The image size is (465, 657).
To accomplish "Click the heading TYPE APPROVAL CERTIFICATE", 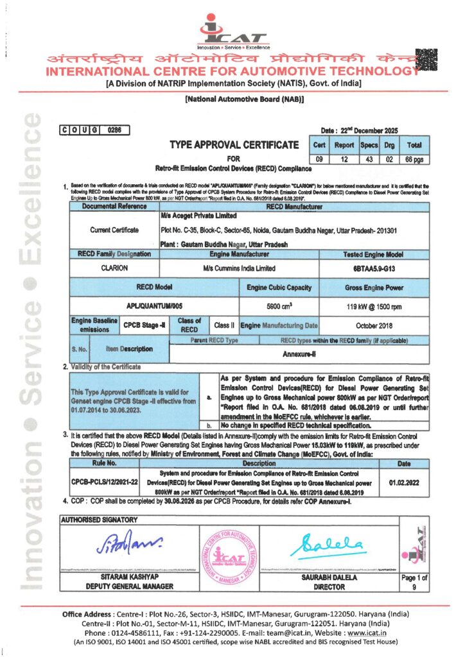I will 234,145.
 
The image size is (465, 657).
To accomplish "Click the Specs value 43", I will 369,158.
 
